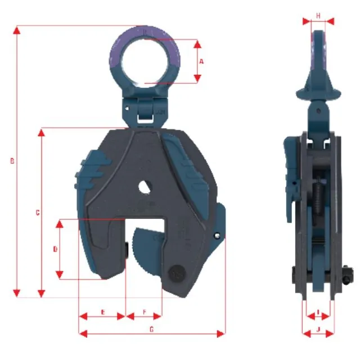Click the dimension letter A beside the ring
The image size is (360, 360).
201,61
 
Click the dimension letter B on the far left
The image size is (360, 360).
12,161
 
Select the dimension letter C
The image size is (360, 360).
37,213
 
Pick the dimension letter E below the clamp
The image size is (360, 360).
102,311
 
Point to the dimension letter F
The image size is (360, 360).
144,311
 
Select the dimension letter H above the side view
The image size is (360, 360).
318,16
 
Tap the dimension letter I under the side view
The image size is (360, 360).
318,311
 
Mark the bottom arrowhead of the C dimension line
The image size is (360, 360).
40,293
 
